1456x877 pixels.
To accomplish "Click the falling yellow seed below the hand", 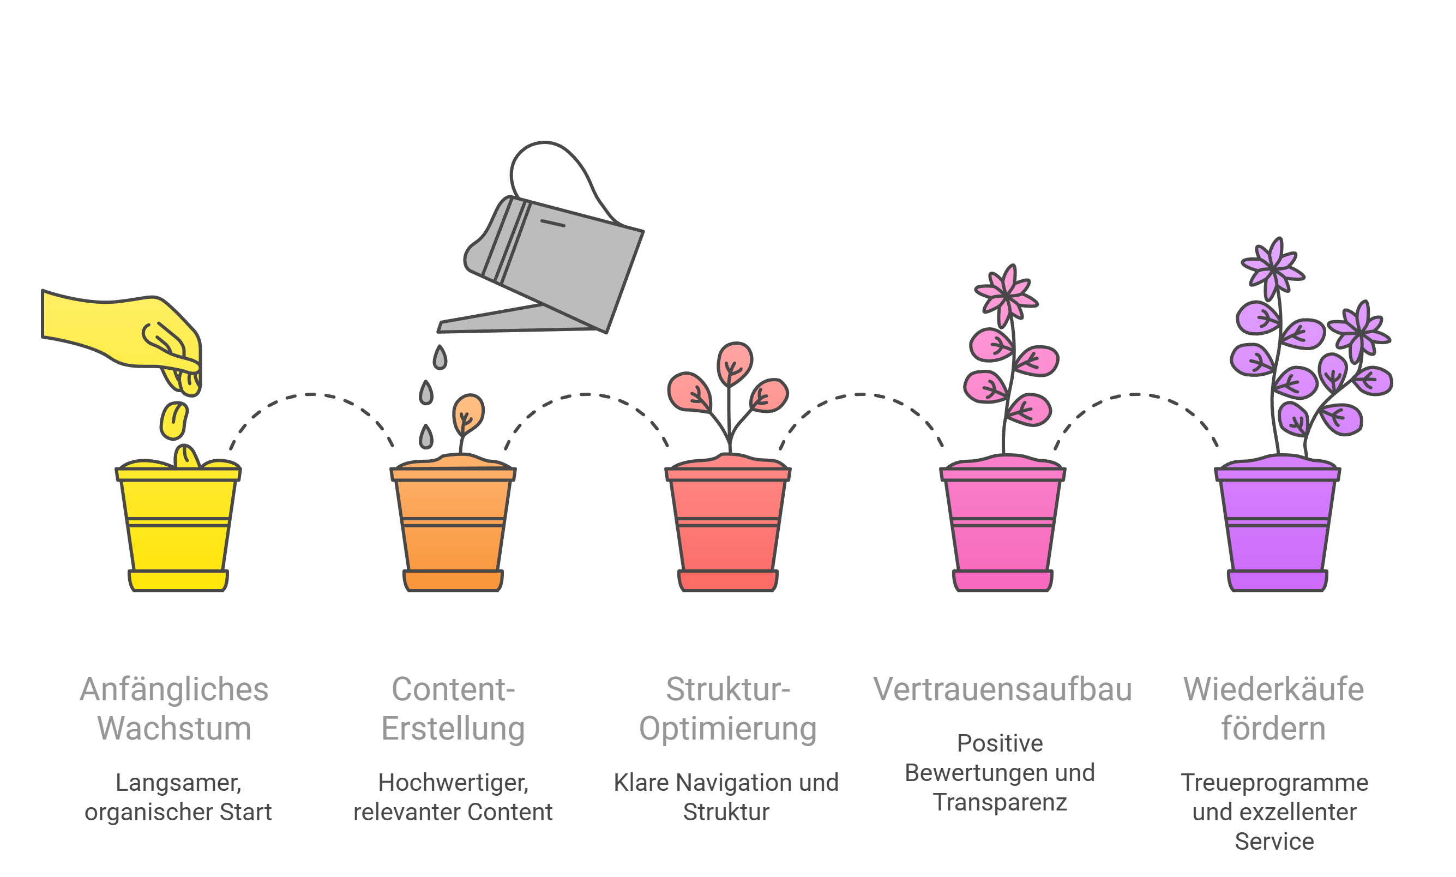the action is pos(174,421).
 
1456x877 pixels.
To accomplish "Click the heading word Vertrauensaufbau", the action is pos(1002,690).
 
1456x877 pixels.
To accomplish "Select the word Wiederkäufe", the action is pos(1273,690).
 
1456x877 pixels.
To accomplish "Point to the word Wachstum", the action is pos(175,729).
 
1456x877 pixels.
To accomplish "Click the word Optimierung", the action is pos(727,729).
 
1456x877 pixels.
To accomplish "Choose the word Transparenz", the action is pos(1000,802).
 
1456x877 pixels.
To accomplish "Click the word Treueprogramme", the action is pos(1274,783).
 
